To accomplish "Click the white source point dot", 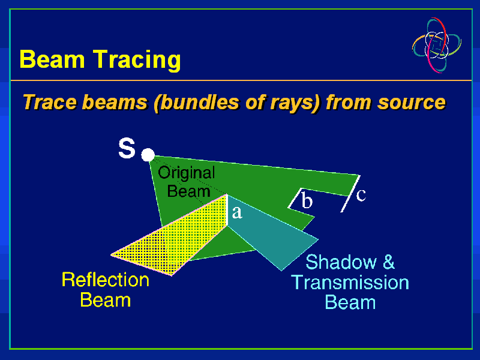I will click(x=148, y=155).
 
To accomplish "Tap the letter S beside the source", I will click(x=127, y=149).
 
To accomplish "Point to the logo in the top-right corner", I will click(x=437, y=45).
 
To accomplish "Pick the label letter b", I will click(x=307, y=201).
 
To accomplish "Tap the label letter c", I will click(x=361, y=194).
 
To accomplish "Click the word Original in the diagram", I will click(x=186, y=173).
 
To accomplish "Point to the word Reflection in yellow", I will click(x=106, y=280).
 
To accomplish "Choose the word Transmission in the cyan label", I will click(x=350, y=282).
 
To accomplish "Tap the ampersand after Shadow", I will click(x=388, y=262).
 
